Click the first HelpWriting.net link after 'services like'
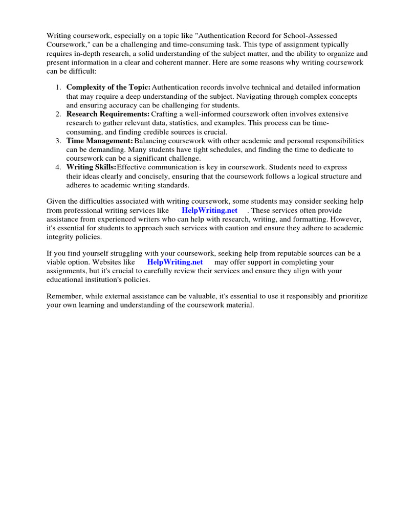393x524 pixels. click(209, 210)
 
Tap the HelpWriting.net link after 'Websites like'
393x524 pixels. click(175, 262)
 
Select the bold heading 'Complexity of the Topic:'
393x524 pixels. click(108, 88)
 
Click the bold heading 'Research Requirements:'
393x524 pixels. click(107, 114)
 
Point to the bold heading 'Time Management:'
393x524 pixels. click(99, 140)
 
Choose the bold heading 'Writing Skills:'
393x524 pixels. click(91, 167)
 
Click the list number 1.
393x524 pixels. click(58, 88)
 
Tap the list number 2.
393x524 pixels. click(58, 114)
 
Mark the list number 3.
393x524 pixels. click(58, 140)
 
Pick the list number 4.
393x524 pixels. click(58, 167)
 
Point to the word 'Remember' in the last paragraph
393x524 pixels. click(64, 297)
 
